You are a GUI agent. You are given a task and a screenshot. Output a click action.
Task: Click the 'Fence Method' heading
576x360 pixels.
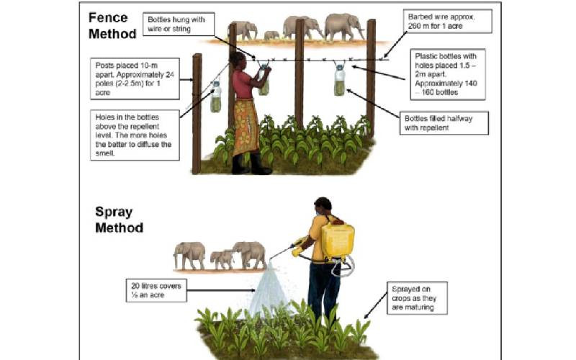112,26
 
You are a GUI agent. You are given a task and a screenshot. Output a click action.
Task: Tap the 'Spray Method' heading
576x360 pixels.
119,220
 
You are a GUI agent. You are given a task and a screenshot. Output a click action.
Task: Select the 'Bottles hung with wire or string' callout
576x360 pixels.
179,24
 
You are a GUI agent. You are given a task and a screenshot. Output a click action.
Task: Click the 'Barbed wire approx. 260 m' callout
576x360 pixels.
447,22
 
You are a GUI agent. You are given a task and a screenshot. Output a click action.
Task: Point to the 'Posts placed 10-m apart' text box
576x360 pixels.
135,78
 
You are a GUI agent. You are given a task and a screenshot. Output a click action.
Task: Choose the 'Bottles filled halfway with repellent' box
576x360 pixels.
444,123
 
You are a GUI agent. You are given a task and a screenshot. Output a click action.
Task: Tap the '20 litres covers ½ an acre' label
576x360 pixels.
156,290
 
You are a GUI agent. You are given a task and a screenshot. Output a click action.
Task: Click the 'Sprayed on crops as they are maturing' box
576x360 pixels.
417,298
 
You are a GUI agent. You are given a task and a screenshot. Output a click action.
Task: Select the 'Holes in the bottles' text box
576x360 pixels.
135,135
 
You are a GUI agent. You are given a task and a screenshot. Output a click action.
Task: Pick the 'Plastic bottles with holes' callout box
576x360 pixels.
448,74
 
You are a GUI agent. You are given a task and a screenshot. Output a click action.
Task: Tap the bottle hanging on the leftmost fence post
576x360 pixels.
216,97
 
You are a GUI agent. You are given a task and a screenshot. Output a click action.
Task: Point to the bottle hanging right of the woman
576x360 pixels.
340,80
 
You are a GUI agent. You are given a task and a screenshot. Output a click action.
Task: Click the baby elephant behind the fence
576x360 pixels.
271,35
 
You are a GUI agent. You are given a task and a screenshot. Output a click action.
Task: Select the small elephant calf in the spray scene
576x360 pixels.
222,259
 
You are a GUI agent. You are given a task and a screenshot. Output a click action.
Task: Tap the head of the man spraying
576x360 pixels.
323,207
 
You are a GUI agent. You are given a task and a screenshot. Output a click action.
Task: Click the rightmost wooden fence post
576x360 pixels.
371,78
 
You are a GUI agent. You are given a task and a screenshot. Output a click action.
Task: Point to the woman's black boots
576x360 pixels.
251,164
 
